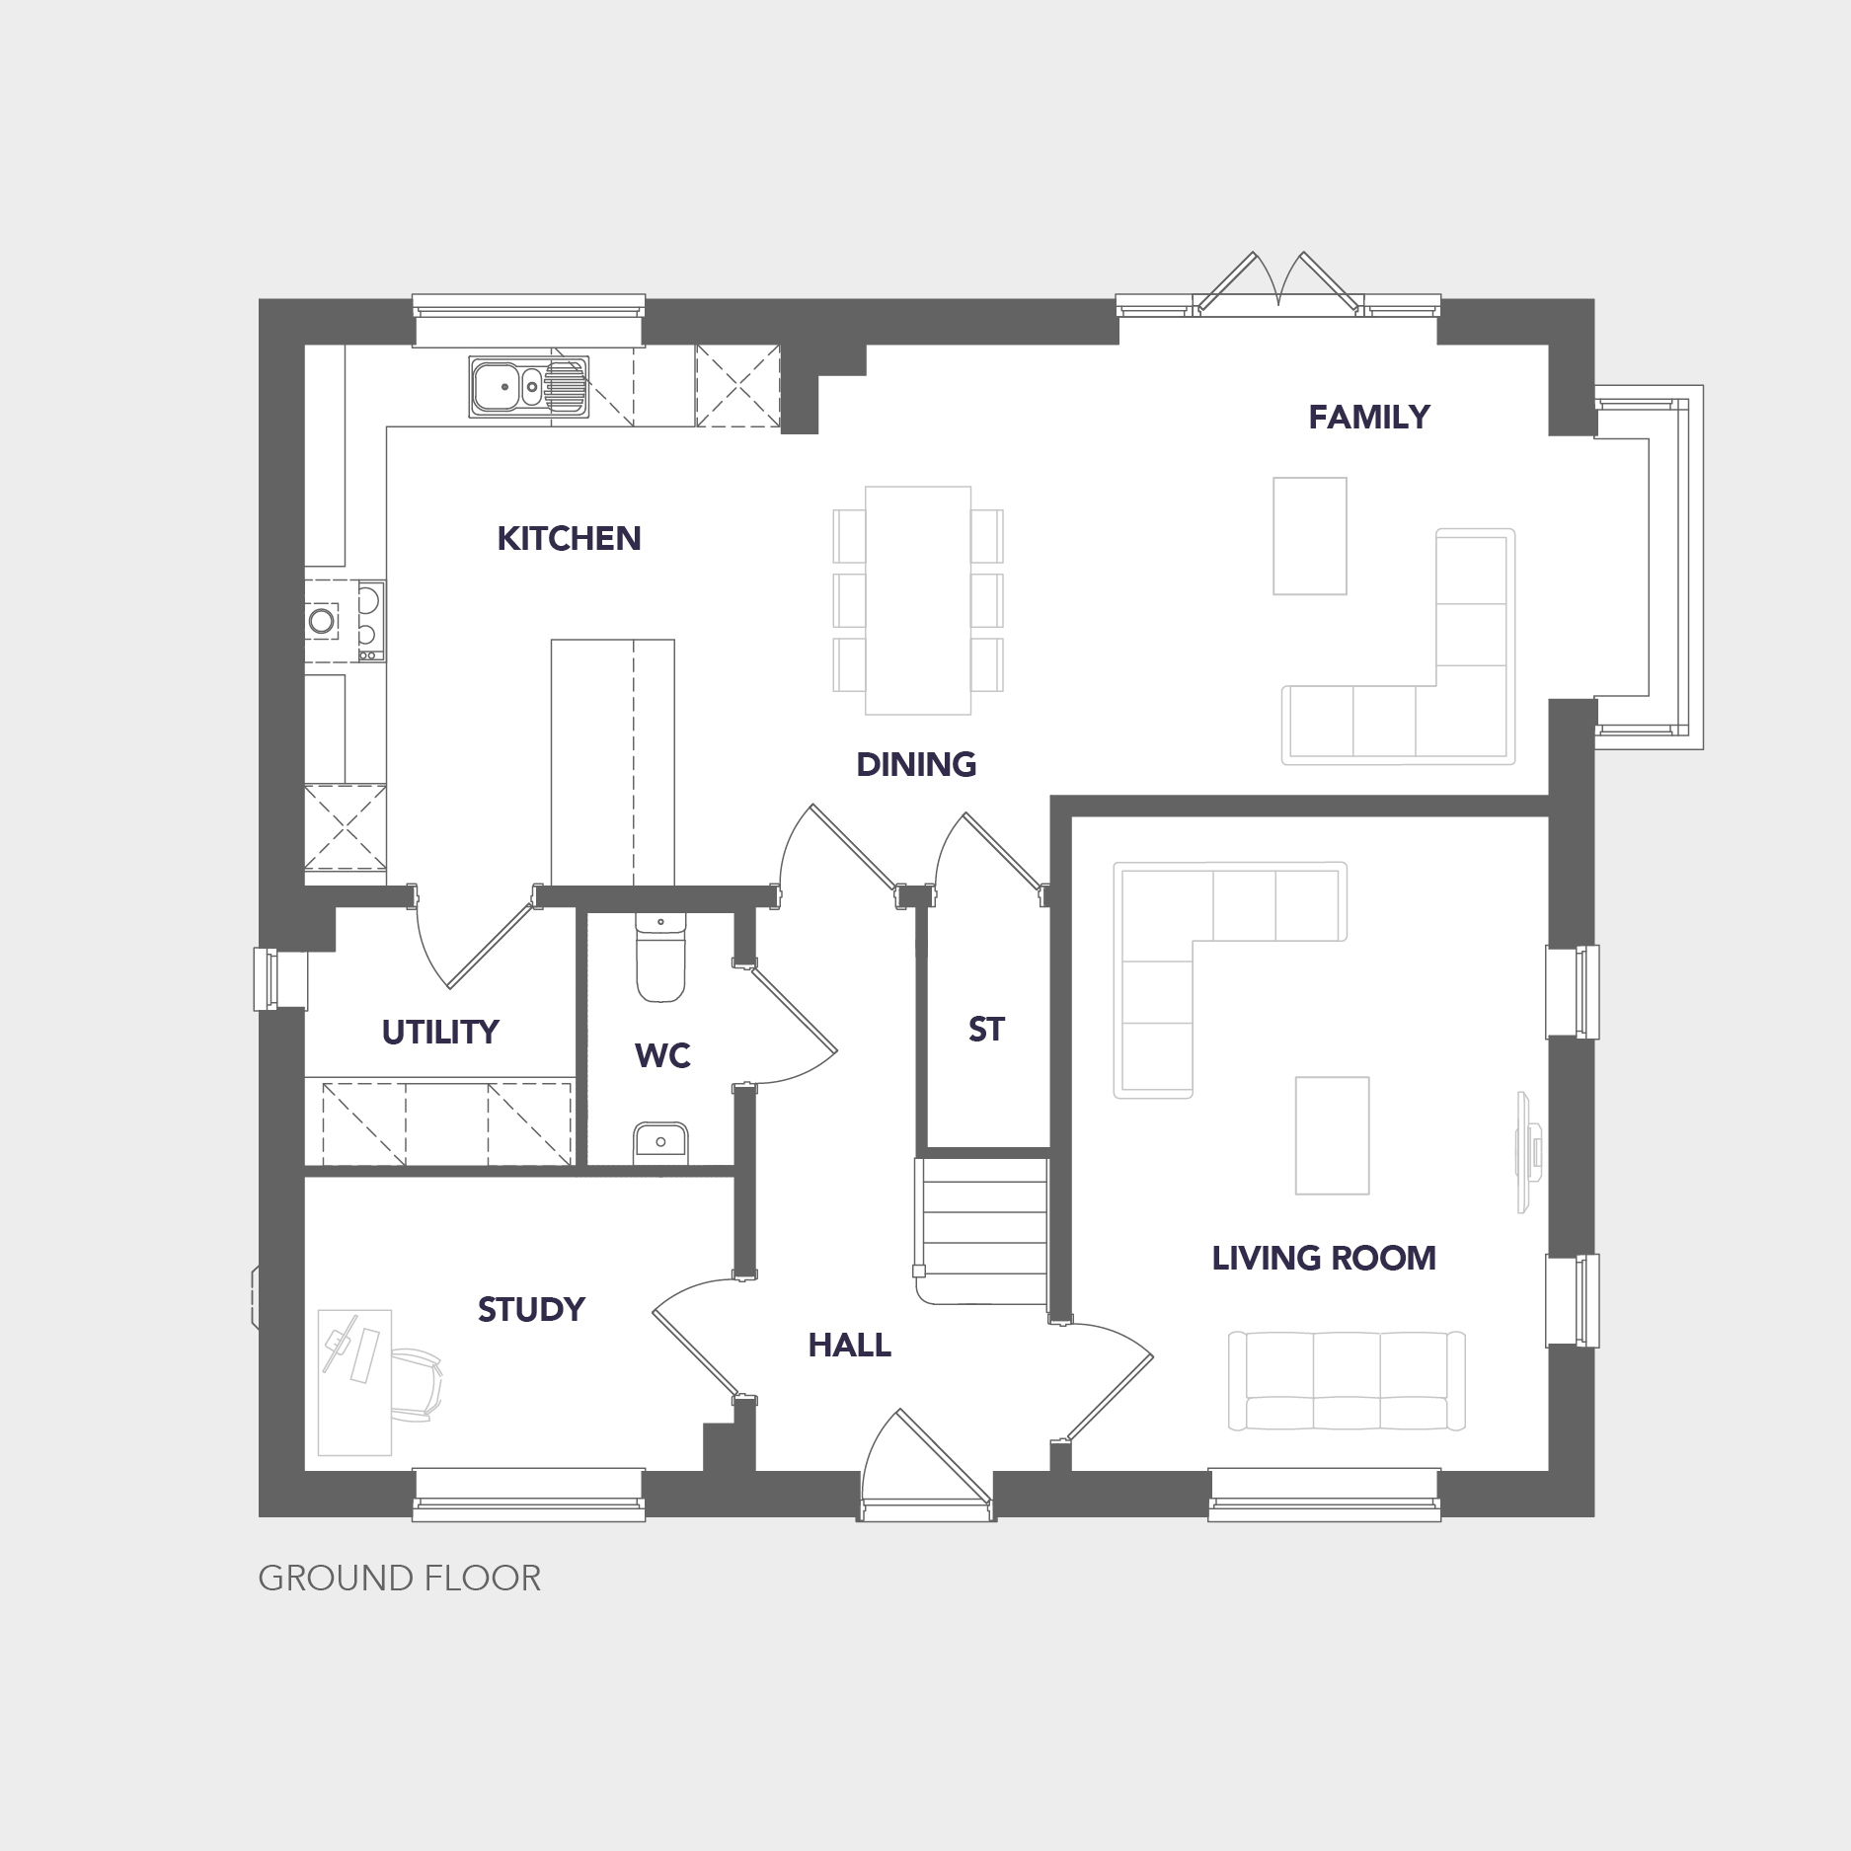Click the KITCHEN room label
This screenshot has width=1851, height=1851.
coord(569,538)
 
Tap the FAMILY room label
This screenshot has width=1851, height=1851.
coord(1368,417)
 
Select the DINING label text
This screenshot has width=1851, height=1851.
coord(916,764)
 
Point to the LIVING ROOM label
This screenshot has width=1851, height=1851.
coord(1324,1258)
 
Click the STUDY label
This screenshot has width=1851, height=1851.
coord(531,1309)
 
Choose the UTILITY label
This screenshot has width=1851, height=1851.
coord(440,1032)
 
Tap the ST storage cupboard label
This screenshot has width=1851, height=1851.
coord(986,1029)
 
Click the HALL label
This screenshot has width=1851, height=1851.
coord(849,1345)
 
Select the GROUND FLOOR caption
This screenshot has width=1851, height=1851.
coord(399,1579)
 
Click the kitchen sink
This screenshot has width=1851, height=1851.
coord(529,385)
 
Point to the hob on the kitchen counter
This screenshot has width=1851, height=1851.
coord(345,621)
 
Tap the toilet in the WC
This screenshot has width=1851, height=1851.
coord(660,957)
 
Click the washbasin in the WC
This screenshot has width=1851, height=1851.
coord(660,1143)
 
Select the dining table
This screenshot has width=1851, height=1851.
coord(918,600)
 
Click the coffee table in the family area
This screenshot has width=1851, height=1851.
coord(1310,536)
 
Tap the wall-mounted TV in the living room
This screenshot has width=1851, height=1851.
coord(1529,1152)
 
